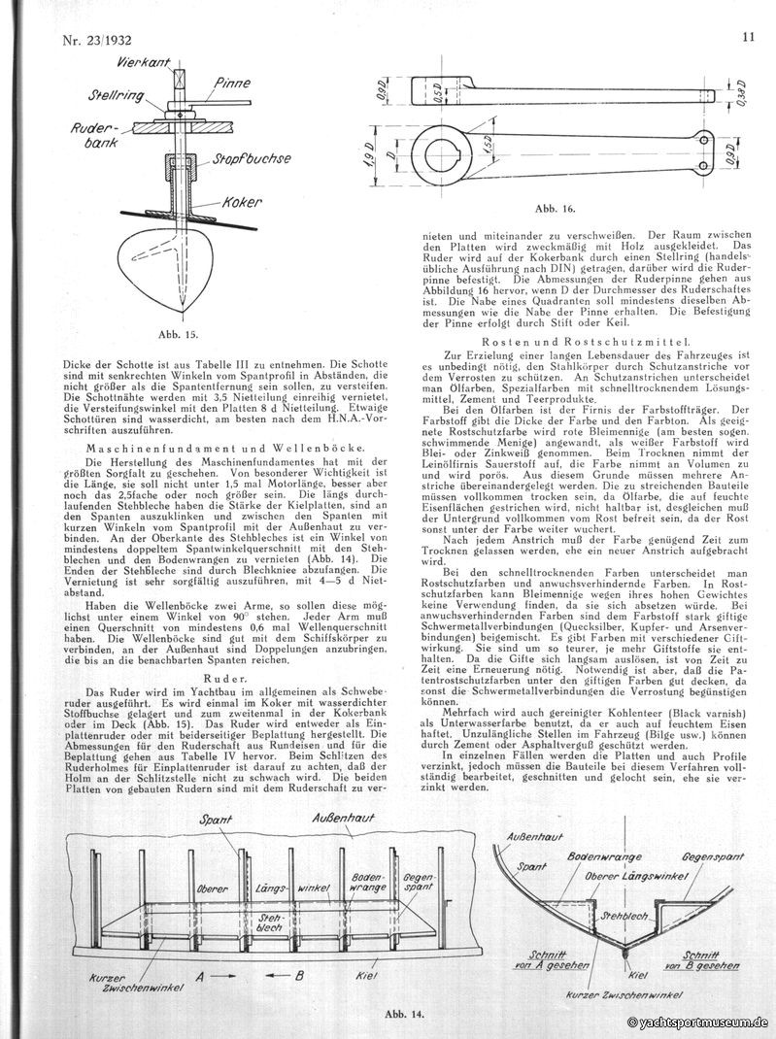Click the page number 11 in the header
[748, 39]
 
